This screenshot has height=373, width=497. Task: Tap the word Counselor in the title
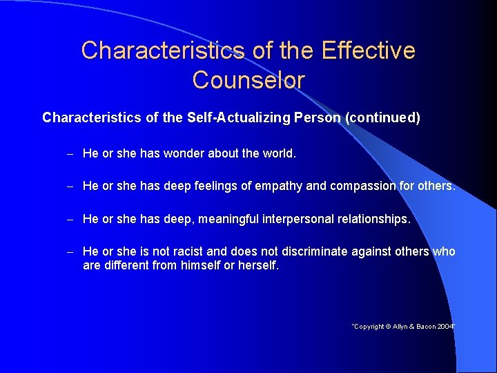[248, 80]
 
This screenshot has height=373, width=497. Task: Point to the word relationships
[373, 219]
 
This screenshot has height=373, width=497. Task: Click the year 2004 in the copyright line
[445, 326]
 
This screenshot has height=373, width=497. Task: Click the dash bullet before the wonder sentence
[70, 153]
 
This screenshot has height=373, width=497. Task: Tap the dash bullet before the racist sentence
[70, 251]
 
